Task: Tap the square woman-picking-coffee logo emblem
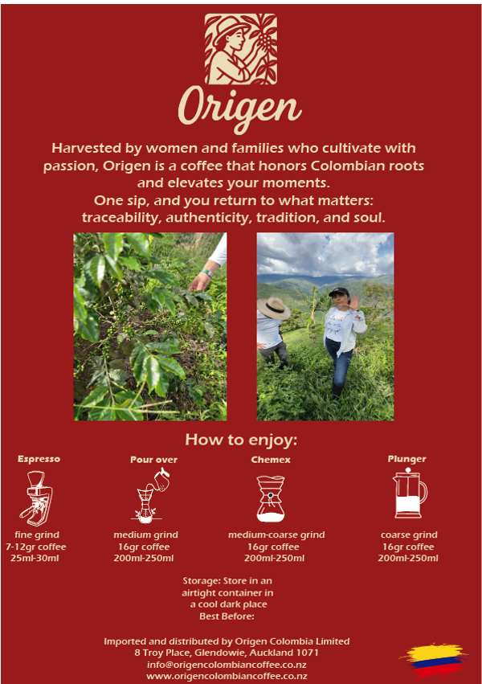tap(240, 49)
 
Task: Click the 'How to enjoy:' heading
tap(241, 440)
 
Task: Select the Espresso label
tap(39, 459)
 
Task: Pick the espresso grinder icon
tap(36, 498)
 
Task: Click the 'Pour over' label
tap(154, 459)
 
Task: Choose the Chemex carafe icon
tap(271, 498)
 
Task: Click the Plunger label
tap(407, 459)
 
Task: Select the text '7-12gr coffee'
tap(35, 547)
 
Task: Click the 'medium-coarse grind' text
tap(276, 535)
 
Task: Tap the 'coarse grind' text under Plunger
tap(409, 535)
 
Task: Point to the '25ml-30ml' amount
tap(35, 558)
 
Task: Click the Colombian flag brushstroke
tap(434, 660)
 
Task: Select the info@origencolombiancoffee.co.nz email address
tap(227, 665)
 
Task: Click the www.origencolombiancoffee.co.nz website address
tap(227, 676)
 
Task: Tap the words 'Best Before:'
tap(227, 616)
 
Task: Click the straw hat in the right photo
tap(273, 308)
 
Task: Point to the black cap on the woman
tap(339, 292)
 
